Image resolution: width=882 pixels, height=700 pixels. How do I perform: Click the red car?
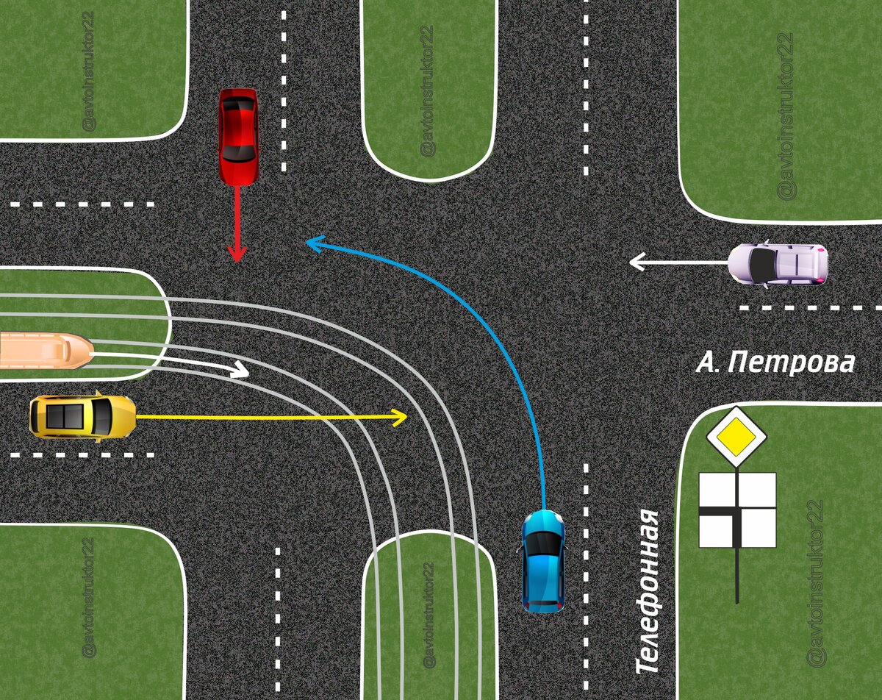tap(238, 135)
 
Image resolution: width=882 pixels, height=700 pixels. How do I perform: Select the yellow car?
tap(82, 416)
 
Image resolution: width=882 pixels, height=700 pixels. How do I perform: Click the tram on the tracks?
tap(44, 351)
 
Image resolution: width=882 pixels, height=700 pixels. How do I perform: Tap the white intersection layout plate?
tap(737, 510)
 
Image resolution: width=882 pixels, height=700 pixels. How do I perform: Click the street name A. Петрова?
tap(775, 362)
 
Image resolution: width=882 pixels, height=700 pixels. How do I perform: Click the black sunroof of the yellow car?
tap(65, 416)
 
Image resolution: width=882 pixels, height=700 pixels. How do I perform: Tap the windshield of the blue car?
tap(543, 543)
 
